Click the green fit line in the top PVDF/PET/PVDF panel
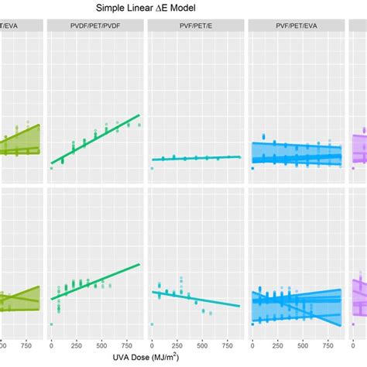pos(95,139)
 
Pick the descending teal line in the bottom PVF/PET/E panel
pos(197,298)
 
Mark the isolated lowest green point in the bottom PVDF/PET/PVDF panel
pos(51,324)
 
